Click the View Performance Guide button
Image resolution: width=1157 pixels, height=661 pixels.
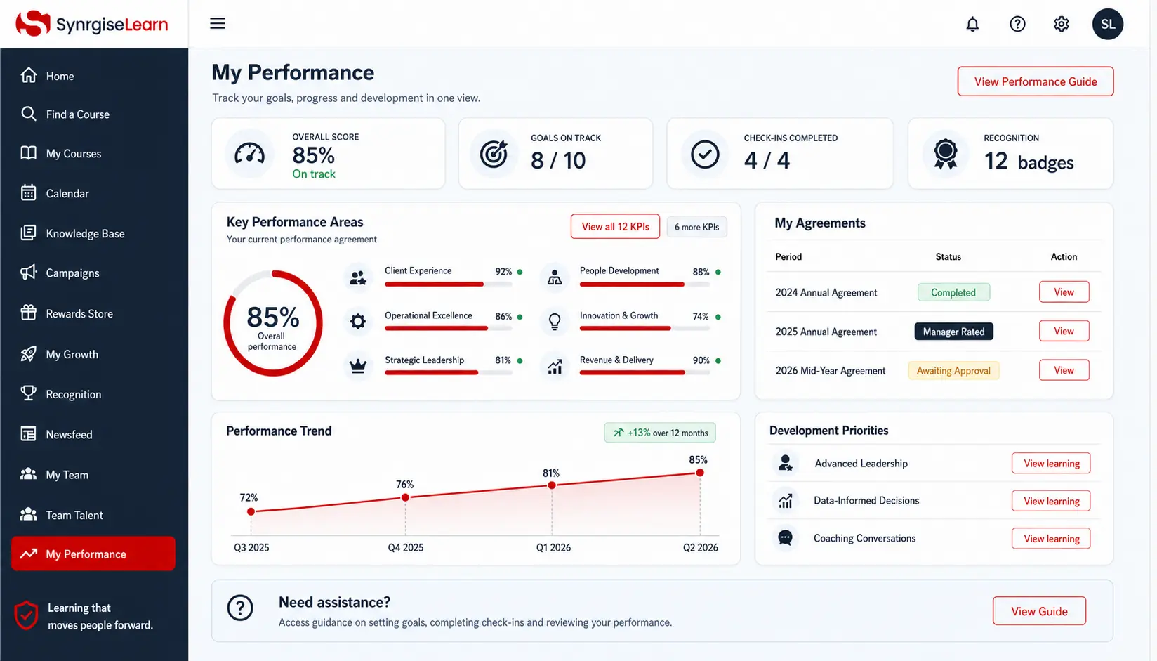(1035, 81)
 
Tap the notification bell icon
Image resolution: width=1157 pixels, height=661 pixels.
(972, 24)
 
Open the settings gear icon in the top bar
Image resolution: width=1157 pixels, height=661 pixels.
(1061, 24)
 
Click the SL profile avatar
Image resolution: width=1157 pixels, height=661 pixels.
(1107, 24)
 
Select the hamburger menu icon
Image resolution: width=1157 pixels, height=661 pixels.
(218, 23)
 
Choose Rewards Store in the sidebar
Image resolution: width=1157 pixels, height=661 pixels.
(79, 314)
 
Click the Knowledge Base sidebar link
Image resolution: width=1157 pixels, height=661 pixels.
(85, 234)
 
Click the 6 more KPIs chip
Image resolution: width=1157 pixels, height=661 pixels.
(696, 227)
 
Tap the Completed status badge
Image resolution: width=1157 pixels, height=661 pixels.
(953, 292)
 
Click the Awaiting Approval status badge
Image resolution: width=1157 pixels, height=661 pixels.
(953, 371)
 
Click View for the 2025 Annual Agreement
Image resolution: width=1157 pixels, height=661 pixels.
(1064, 331)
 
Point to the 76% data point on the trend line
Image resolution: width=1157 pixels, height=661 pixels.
(406, 497)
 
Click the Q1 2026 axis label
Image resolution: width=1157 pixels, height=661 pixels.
(553, 547)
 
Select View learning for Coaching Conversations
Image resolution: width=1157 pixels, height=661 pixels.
(1051, 539)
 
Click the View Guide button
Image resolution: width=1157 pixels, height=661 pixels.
(1039, 611)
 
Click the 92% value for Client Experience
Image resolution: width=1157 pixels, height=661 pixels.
(503, 271)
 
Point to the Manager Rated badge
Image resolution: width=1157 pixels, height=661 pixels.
(953, 332)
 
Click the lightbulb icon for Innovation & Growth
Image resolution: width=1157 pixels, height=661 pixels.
(555, 322)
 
